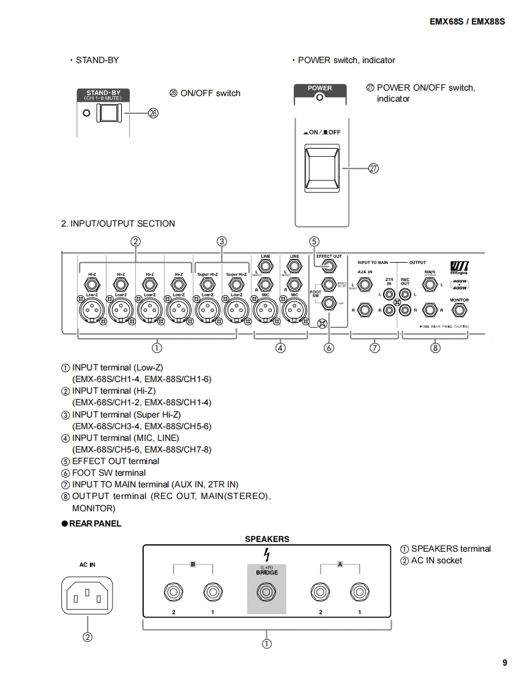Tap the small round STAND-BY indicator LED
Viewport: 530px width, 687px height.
click(86, 113)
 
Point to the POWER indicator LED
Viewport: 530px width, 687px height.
click(319, 97)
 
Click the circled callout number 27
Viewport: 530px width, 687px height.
click(373, 168)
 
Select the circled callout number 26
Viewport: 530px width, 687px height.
click(153, 113)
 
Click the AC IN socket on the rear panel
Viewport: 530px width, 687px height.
click(87, 595)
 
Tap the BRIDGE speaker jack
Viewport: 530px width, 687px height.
click(266, 593)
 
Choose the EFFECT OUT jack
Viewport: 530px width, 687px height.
click(329, 267)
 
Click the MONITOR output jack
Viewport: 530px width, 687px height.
click(460, 310)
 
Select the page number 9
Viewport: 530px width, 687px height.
click(505, 662)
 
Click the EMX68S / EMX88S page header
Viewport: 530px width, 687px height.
click(467, 21)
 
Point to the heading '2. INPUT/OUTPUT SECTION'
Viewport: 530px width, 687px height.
click(118, 223)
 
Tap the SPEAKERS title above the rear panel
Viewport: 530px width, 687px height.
click(267, 539)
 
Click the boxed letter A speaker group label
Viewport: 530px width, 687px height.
click(340, 564)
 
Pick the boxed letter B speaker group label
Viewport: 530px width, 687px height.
click(193, 564)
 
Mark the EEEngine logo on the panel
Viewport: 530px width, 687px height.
click(459, 268)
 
